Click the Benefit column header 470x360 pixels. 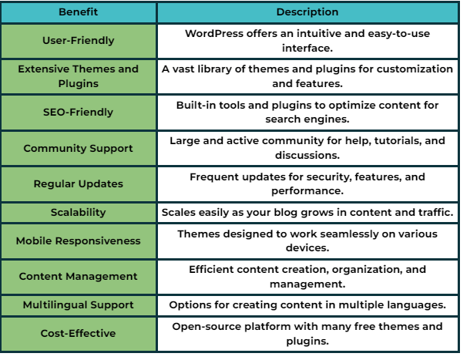point(79,12)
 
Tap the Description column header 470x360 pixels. point(307,12)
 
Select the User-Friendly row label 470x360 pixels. point(79,41)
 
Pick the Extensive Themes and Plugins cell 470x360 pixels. point(79,76)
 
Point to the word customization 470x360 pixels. point(415,69)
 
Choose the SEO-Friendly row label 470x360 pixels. point(79,113)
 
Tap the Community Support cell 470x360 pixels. point(79,148)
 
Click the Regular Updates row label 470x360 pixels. point(79,184)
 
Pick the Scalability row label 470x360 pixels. point(79,213)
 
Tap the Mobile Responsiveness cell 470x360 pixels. point(79,241)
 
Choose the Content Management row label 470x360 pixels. point(79,276)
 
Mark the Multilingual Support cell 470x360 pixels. point(79,305)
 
